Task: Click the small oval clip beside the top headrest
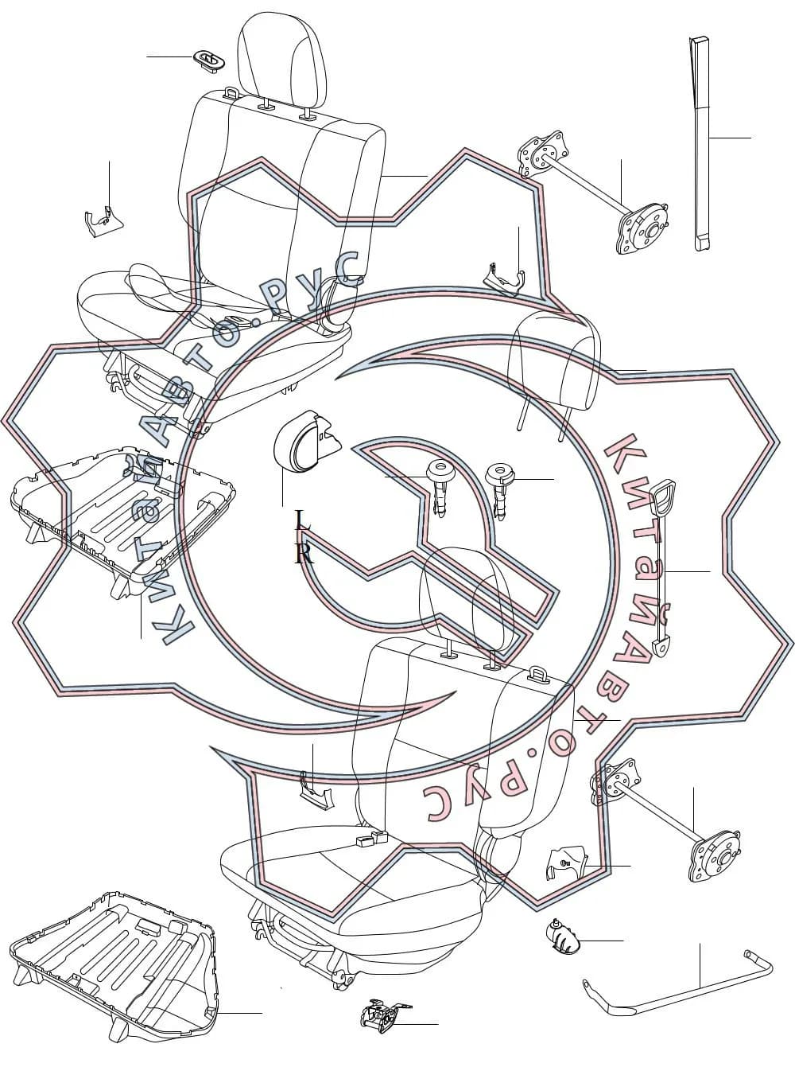[209, 61]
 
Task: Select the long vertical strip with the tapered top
[700, 144]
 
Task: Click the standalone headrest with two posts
[555, 368]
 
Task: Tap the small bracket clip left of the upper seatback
[103, 221]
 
